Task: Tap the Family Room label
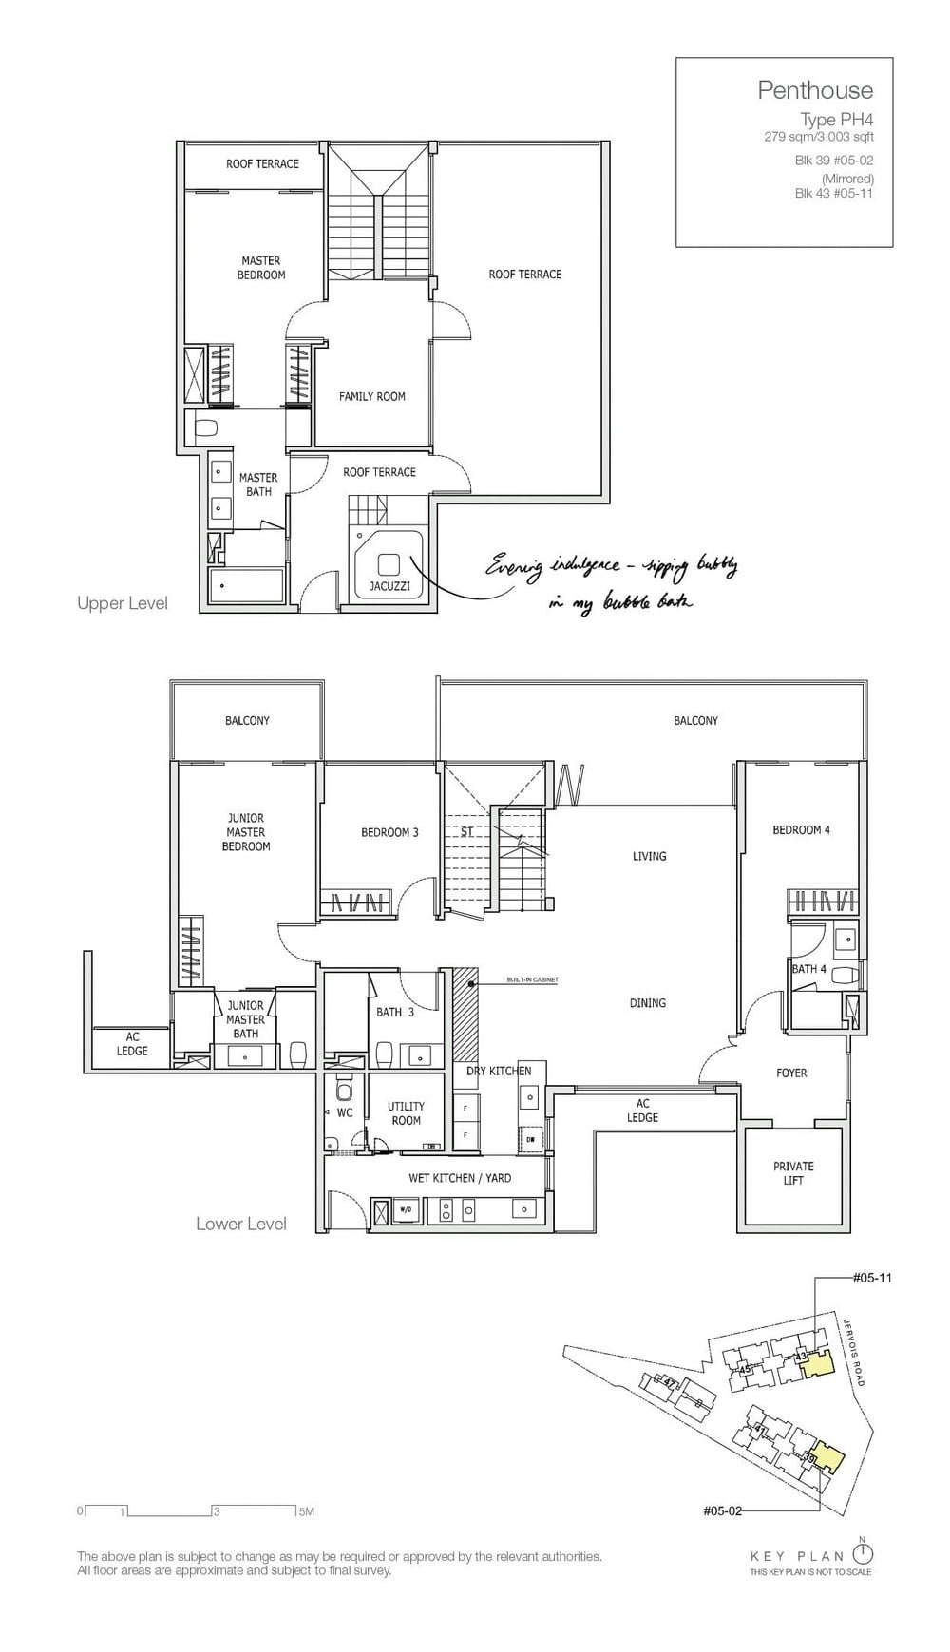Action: [372, 396]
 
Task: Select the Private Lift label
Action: [793, 1172]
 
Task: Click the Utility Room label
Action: [406, 1112]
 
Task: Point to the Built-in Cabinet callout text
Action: [532, 979]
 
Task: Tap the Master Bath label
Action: [258, 484]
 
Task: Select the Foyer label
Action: [791, 1073]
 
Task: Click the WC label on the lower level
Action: [345, 1111]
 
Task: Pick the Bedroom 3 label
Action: [389, 832]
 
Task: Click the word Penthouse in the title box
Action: [814, 90]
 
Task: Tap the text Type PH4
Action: [836, 120]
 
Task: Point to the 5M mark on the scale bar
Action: [306, 1510]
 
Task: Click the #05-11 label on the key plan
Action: [871, 1278]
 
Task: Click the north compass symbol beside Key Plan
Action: [863, 1553]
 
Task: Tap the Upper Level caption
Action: [123, 603]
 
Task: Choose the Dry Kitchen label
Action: [499, 1071]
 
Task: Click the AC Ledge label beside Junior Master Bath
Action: [132, 1044]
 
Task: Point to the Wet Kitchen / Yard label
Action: [460, 1178]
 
